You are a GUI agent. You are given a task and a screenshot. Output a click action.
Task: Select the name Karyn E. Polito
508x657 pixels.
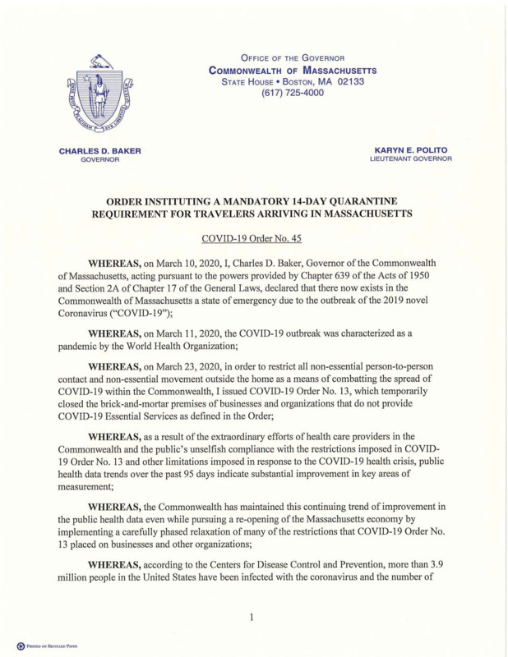click(413, 150)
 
